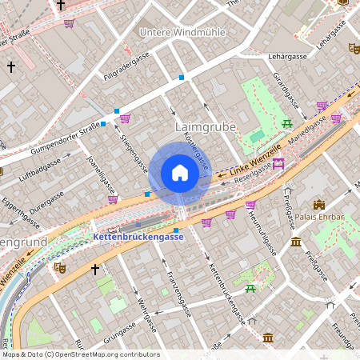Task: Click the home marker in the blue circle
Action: click(x=180, y=173)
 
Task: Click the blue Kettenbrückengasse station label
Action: click(x=138, y=237)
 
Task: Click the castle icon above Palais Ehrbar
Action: click(x=319, y=205)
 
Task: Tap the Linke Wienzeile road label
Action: click(x=255, y=160)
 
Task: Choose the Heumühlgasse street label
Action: click(x=262, y=233)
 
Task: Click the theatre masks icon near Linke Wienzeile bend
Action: click(x=58, y=268)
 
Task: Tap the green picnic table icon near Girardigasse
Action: click(x=286, y=122)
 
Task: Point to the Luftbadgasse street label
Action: click(x=41, y=170)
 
